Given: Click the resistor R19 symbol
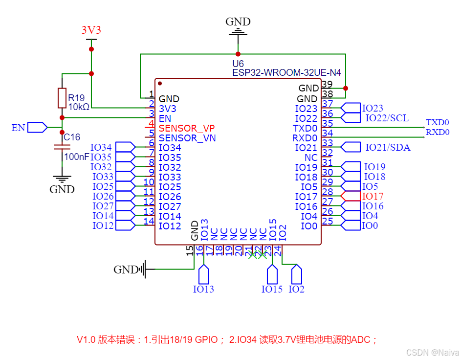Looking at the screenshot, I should pyautogui.click(x=62, y=98).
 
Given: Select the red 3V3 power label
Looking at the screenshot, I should pyautogui.click(x=91, y=30).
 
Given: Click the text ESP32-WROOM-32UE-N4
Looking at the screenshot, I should pyautogui.click(x=286, y=73).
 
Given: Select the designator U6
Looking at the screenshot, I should pyautogui.click(x=238, y=64).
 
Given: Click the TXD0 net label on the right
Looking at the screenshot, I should pyautogui.click(x=437, y=122).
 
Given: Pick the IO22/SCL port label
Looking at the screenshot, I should pyautogui.click(x=387, y=118).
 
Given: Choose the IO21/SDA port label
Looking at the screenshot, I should pyautogui.click(x=388, y=147).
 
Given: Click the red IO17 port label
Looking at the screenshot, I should pyautogui.click(x=373, y=196).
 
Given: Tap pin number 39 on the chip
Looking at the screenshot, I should pyautogui.click(x=327, y=84).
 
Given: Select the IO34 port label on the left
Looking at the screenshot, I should pyautogui.click(x=102, y=147).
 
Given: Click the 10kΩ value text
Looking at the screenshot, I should pyautogui.click(x=79, y=107).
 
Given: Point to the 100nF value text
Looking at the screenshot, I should pyautogui.click(x=76, y=157).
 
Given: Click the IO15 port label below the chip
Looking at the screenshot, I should pyautogui.click(x=272, y=289).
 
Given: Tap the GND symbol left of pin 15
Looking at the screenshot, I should pyautogui.click(x=143, y=269).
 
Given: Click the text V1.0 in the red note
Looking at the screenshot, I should pyautogui.click(x=86, y=339).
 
